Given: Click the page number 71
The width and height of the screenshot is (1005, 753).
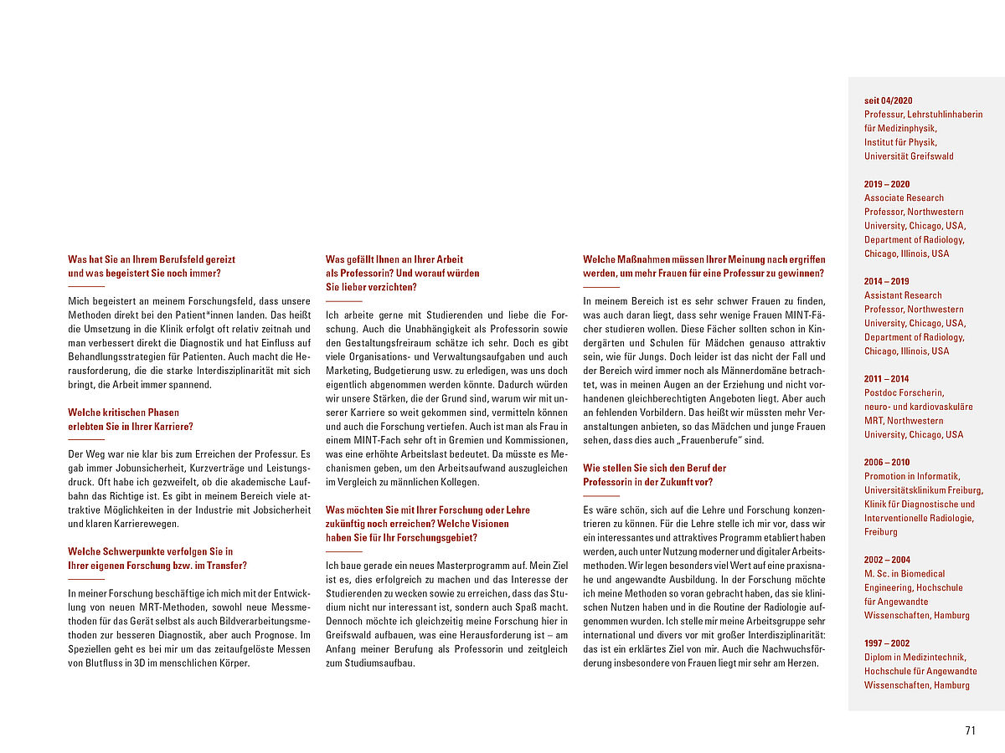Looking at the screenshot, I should tap(971, 730).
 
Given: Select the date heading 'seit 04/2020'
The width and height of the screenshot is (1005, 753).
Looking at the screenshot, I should tap(889, 100).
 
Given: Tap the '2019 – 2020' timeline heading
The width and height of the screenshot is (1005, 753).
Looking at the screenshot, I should tap(887, 184).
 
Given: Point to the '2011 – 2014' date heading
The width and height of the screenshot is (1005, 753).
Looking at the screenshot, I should tap(887, 379).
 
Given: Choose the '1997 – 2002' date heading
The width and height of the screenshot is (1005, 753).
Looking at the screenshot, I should tap(887, 643).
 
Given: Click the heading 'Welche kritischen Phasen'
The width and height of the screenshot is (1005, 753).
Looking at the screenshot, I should tap(123, 412).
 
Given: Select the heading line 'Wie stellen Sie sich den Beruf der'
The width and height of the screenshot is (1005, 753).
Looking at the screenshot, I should tap(655, 469).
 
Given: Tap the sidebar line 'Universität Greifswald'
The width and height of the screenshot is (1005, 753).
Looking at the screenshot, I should tap(909, 156).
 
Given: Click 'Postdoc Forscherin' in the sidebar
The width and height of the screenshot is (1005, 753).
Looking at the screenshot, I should tap(904, 392).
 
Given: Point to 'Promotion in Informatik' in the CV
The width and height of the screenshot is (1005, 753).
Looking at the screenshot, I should tap(912, 476).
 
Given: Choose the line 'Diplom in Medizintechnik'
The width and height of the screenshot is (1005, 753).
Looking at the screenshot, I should tap(915, 658).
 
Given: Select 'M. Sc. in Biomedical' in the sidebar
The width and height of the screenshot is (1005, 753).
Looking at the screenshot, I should tap(904, 574).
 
